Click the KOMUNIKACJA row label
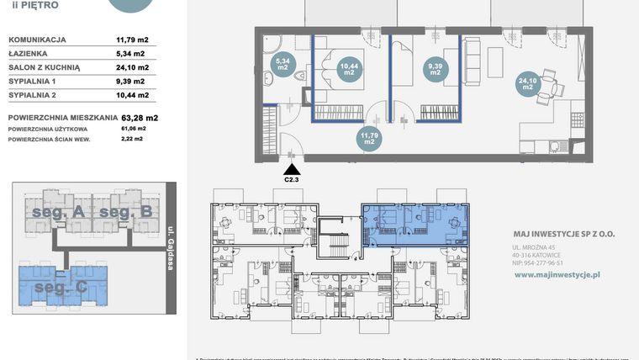[x=38, y=40]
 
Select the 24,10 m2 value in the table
[x=132, y=68]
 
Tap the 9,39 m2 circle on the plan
[x=435, y=69]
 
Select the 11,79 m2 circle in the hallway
[x=368, y=137]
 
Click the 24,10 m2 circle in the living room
[x=526, y=82]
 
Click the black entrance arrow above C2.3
[x=292, y=168]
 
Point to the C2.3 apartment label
[x=292, y=179]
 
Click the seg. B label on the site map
[x=125, y=213]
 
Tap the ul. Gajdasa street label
[x=170, y=248]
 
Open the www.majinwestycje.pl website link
[x=556, y=274]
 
